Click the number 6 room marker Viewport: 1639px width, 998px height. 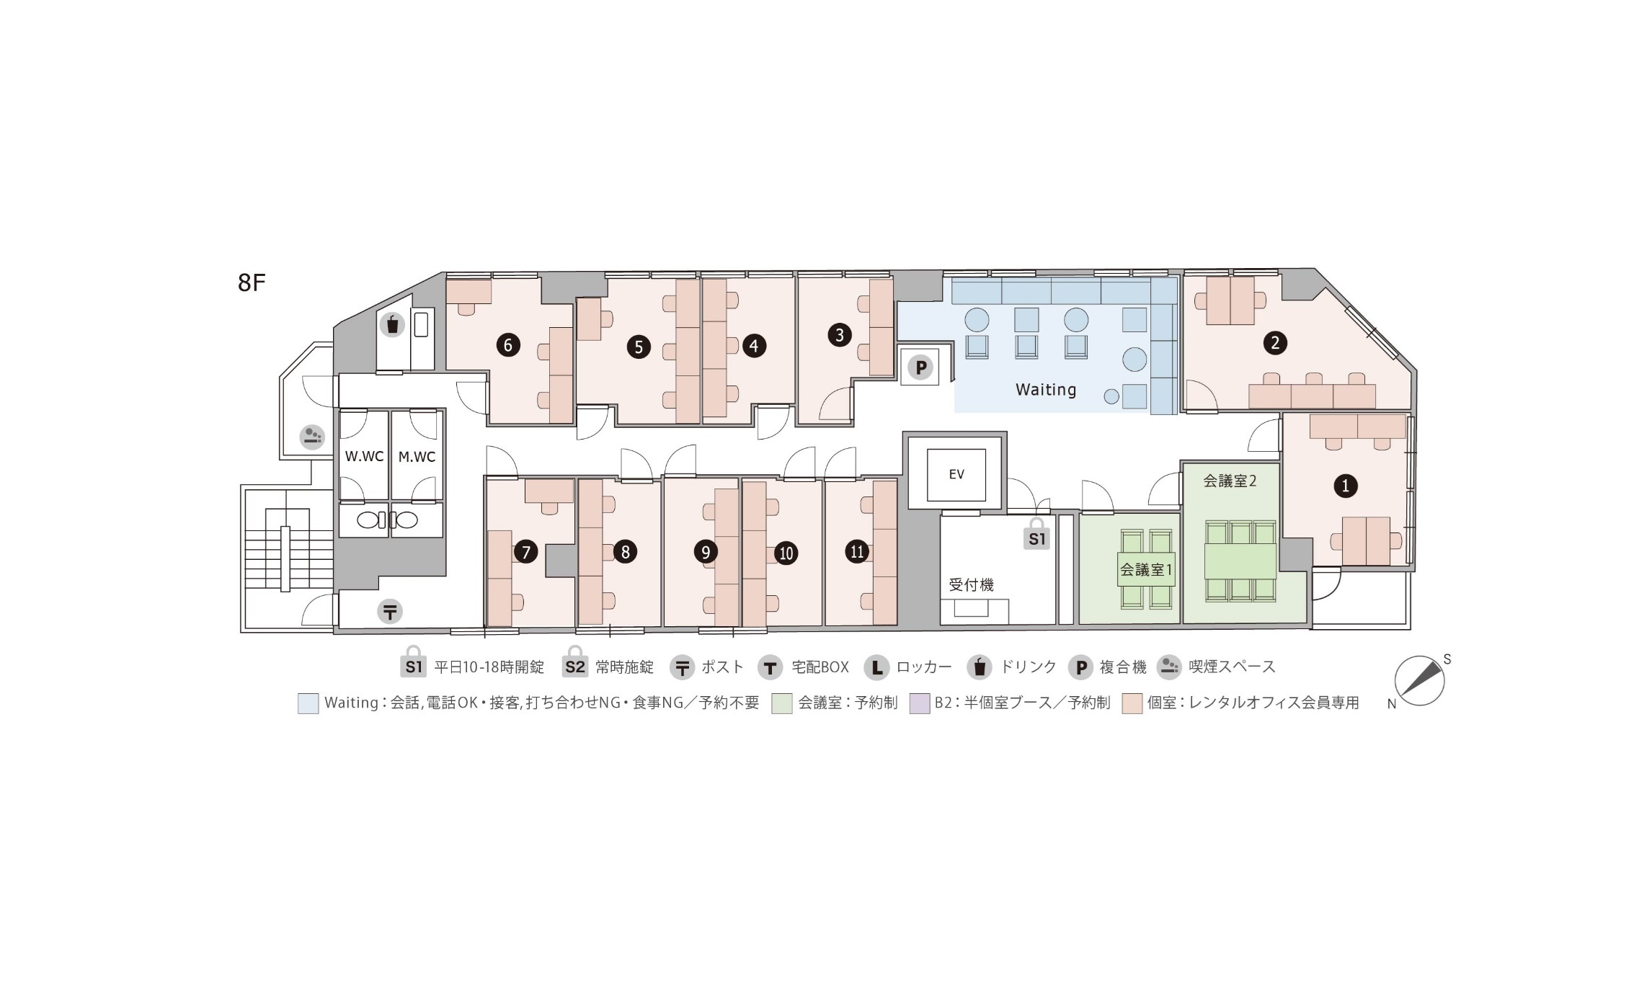pos(508,345)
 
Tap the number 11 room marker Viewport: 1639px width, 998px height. pos(857,552)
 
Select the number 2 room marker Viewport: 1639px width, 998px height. pos(1275,342)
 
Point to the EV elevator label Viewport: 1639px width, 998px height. pos(956,474)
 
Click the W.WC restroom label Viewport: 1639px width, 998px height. pos(364,457)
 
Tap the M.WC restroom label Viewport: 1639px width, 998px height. pos(417,457)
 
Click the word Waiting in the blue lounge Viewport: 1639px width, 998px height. pos(1046,390)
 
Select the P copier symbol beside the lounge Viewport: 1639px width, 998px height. pos(920,368)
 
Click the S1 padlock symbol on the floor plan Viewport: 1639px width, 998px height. pos(1036,534)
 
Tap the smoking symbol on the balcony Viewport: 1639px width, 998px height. pos(312,437)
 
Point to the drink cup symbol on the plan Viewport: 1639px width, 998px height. pos(392,325)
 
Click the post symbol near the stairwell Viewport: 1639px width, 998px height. pos(390,612)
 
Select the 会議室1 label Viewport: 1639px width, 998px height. pos(1146,570)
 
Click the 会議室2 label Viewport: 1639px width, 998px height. pos(1230,481)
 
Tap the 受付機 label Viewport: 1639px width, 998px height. pos(971,585)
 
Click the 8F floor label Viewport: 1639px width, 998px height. pos(252,283)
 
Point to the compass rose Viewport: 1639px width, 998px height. pos(1419,680)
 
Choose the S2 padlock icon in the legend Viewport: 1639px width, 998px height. pos(574,663)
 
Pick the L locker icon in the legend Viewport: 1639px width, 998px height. pos(876,668)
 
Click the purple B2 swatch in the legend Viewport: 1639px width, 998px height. pos(920,703)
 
